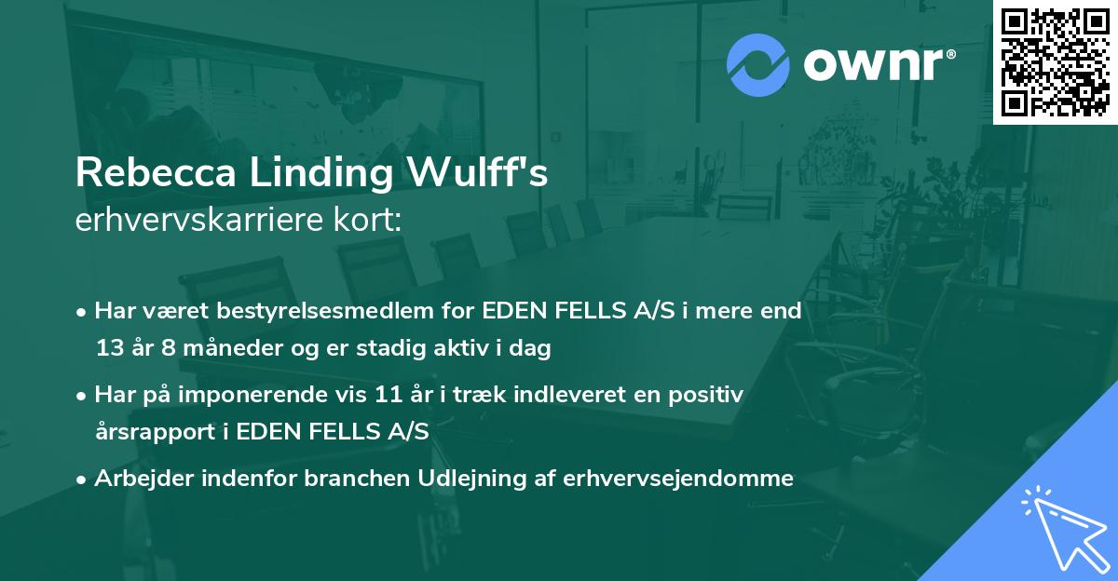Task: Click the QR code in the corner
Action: pos(1056,62)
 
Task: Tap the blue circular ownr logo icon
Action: pos(757,65)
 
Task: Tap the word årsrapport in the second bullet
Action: pos(150,433)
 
